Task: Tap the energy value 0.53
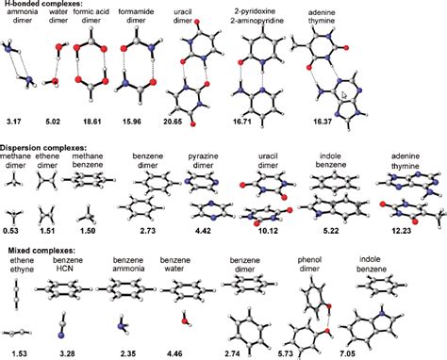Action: tap(11, 226)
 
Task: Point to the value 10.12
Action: tap(267, 226)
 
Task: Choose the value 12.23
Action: tap(403, 226)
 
